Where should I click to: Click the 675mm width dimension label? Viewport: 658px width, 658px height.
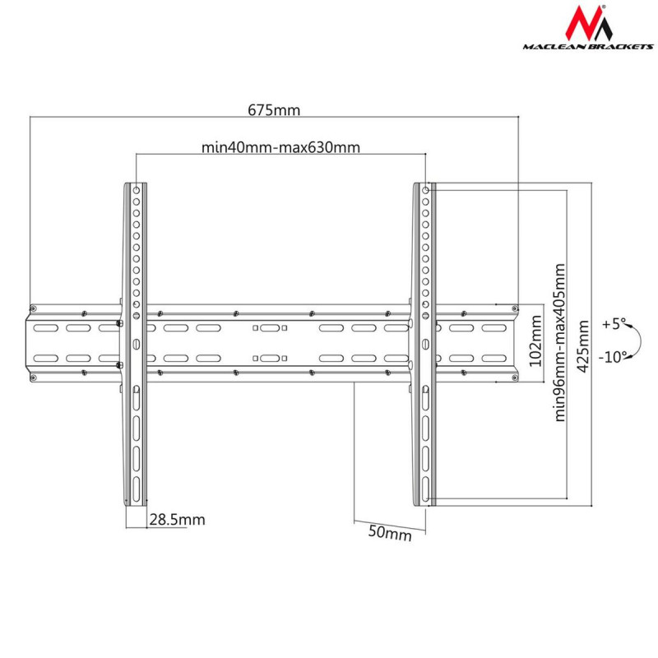click(274, 109)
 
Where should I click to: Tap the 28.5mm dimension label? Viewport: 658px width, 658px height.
click(177, 519)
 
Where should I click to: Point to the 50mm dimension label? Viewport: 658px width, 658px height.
click(389, 533)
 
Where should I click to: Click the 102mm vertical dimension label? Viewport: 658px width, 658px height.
click(535, 344)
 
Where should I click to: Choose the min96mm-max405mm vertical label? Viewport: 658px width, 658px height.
click(561, 342)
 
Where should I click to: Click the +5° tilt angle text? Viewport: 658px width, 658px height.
click(613, 323)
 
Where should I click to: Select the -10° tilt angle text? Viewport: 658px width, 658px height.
click(613, 356)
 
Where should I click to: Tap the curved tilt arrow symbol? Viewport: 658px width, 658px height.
click(637, 340)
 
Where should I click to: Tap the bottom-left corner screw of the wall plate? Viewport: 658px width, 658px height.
click(33, 378)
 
